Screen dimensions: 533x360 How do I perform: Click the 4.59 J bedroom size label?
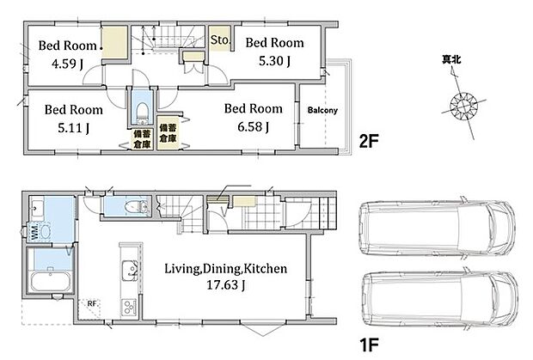point(67,64)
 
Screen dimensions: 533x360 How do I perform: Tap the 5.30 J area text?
point(274,61)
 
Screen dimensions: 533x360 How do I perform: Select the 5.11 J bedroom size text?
point(73,128)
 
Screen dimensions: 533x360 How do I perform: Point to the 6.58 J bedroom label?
point(254,126)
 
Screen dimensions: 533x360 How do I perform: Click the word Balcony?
point(322,110)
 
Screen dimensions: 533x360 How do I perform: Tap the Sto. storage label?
point(219,40)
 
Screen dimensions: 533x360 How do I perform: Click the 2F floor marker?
point(369,141)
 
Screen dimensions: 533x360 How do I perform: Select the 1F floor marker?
point(369,345)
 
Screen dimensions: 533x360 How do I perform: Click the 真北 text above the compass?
point(451,60)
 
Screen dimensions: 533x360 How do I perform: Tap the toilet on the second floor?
point(142,113)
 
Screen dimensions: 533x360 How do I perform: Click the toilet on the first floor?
point(137,206)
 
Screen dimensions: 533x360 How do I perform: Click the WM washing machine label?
point(34,231)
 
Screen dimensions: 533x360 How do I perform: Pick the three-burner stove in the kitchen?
point(129,307)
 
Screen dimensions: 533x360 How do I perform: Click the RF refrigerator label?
point(92,303)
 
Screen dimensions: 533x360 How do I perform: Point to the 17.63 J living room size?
point(226,285)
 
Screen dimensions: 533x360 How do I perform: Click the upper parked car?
point(437,228)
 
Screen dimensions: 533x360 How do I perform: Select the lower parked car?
point(439,299)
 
